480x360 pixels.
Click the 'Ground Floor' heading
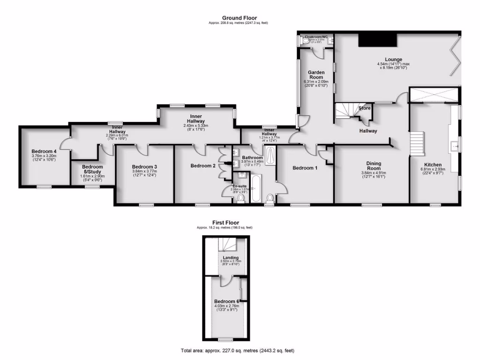(x=240, y=18)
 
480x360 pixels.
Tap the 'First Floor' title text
(x=225, y=223)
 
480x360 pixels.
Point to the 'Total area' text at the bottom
(x=238, y=350)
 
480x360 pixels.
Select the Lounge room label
(x=394, y=60)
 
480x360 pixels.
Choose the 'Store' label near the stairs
(x=364, y=108)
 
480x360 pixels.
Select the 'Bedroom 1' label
(x=305, y=168)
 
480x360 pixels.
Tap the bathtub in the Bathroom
(x=255, y=188)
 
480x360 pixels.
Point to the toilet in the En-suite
(x=240, y=199)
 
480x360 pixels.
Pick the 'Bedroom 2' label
(x=203, y=165)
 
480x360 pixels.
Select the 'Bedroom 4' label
(x=44, y=151)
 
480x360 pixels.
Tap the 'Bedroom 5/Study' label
(x=92, y=169)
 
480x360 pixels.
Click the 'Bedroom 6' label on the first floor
(x=227, y=301)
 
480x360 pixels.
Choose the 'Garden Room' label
(x=316, y=75)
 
